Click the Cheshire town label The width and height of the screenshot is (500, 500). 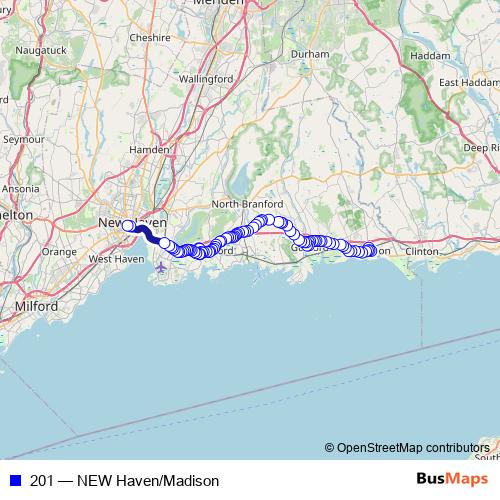pyautogui.click(x=150, y=37)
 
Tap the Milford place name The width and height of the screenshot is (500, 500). pyautogui.click(x=36, y=305)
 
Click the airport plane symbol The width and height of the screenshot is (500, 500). pyautogui.click(x=161, y=268)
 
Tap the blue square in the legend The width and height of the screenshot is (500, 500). pyautogui.click(x=14, y=481)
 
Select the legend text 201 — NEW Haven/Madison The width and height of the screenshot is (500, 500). pyautogui.click(x=124, y=481)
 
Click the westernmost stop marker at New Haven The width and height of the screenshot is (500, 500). pyautogui.click(x=128, y=226)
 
